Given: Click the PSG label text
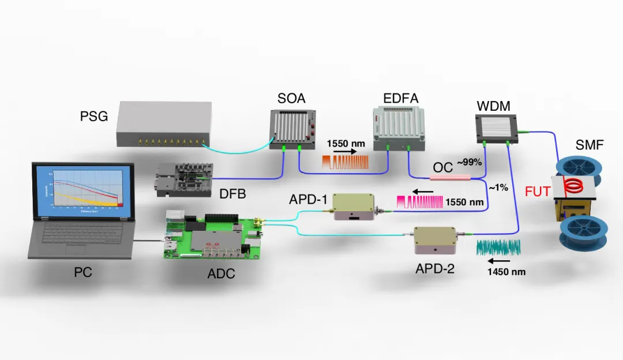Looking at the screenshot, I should pyautogui.click(x=93, y=117).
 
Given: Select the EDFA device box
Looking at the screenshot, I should pyautogui.click(x=399, y=128).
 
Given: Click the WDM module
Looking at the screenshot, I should pyautogui.click(x=495, y=127).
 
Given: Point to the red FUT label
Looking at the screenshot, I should pyautogui.click(x=538, y=191).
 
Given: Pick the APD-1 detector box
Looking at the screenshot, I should pyautogui.click(x=352, y=207).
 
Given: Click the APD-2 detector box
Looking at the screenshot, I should pyautogui.click(x=435, y=241).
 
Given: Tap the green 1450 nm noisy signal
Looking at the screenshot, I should pyautogui.click(x=499, y=247).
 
